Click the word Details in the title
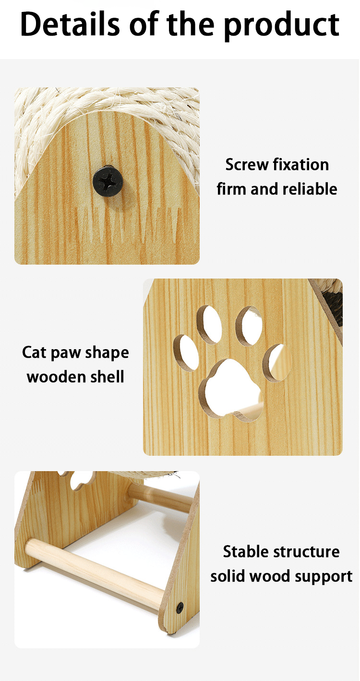tap(71, 24)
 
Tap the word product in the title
tap(281, 26)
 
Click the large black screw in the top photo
tap(108, 181)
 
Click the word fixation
tap(301, 165)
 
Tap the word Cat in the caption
tap(34, 353)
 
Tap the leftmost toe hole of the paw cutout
tap(186, 353)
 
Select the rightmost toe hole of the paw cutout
tap(277, 363)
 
